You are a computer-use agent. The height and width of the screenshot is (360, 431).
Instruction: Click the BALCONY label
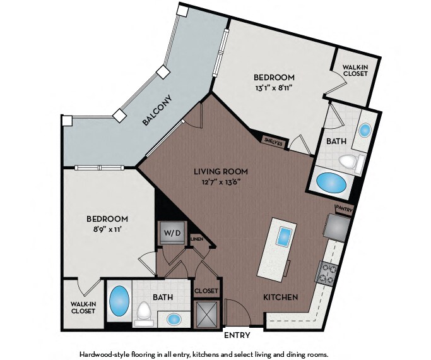click(158, 110)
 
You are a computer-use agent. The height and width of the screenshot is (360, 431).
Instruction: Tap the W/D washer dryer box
click(172, 232)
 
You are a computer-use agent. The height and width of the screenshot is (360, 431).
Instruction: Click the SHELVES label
click(273, 141)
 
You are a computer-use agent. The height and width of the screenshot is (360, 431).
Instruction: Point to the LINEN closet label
click(197, 239)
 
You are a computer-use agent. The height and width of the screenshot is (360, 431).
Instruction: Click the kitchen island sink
click(285, 236)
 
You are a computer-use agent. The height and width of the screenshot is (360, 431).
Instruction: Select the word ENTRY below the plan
click(237, 335)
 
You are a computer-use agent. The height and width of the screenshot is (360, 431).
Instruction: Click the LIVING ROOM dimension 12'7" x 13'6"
click(221, 182)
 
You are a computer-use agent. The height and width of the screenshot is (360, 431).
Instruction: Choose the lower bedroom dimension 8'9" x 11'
click(107, 229)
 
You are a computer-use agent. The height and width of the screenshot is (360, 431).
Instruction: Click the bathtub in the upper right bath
click(331, 183)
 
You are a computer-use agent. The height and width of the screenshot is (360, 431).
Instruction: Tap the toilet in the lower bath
click(143, 313)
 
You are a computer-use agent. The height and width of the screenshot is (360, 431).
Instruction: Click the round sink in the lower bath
click(174, 320)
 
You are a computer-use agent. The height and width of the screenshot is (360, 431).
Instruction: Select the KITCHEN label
click(280, 297)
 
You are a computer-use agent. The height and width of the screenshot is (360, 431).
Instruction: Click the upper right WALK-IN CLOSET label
click(355, 70)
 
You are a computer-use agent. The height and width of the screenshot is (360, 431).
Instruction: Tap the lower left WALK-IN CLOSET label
click(83, 308)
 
